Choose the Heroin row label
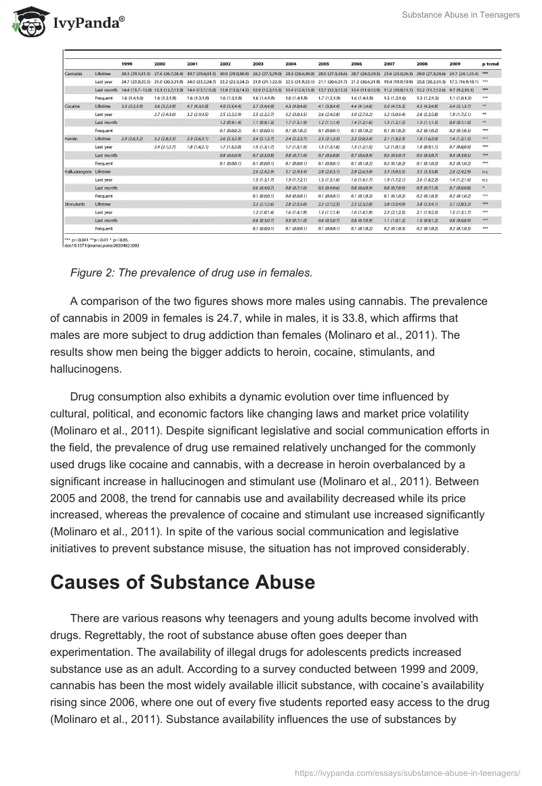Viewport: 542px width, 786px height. [x=71, y=138]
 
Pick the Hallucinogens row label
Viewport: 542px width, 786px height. [x=79, y=171]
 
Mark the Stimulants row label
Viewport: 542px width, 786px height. [x=75, y=203]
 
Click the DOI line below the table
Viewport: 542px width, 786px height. [x=98, y=245]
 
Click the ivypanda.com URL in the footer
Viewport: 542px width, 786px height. [x=409, y=772]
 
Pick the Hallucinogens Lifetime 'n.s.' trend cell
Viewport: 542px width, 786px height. [x=486, y=171]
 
